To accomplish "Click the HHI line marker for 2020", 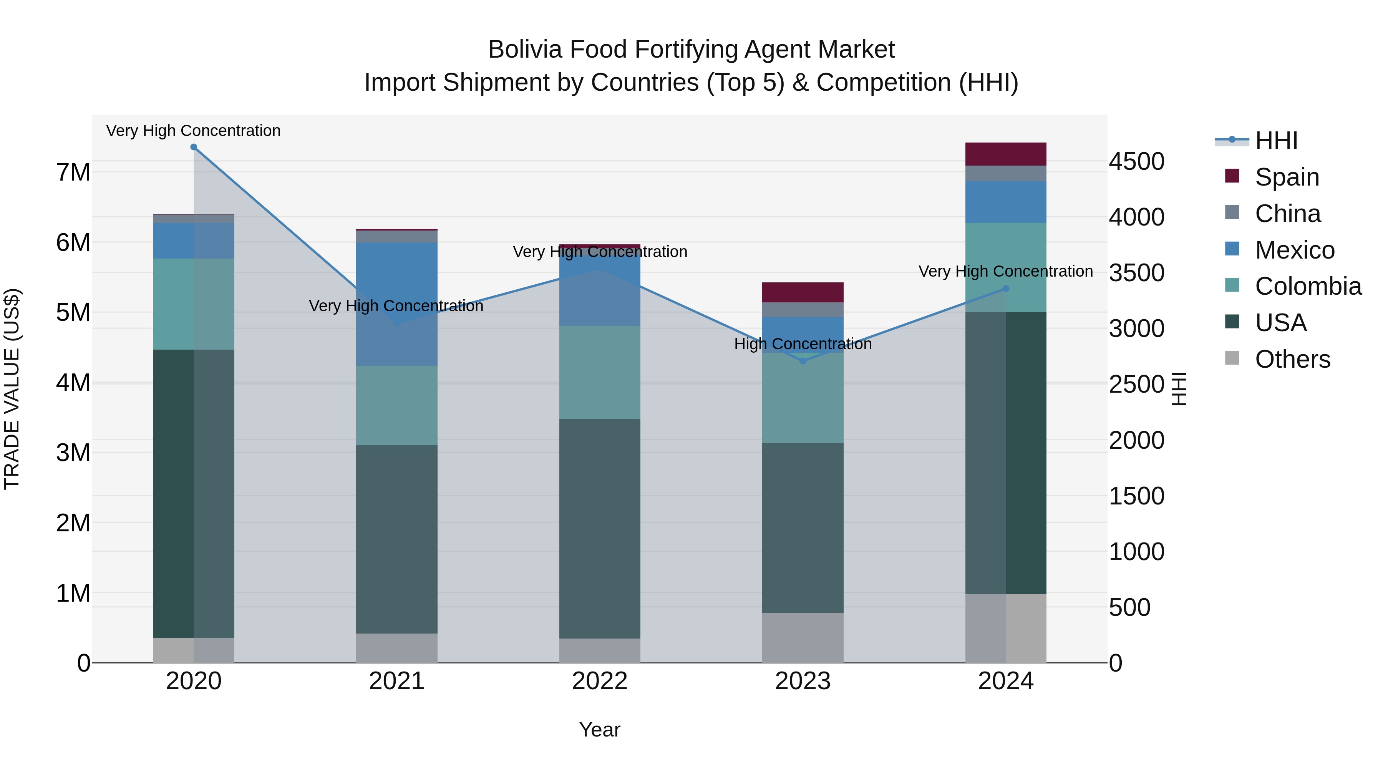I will tap(194, 147).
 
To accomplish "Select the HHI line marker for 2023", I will tap(803, 361).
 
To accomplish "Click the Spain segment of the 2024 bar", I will tap(1006, 154).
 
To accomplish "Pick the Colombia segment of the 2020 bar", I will tap(194, 304).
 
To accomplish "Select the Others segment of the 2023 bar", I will tap(803, 637).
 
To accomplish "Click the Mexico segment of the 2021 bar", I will tap(397, 304).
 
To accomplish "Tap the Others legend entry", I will tap(1292, 359).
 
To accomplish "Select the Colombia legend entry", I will tap(1308, 286).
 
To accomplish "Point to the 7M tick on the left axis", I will tap(73, 173).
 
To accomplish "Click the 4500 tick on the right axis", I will tap(1137, 162).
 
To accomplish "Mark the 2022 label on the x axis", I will tap(600, 681).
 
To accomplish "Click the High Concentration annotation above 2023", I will tap(803, 343).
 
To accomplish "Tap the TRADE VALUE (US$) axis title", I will tap(12, 389).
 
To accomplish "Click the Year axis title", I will tap(600, 730).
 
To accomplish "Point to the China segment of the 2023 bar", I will tap(803, 310).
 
